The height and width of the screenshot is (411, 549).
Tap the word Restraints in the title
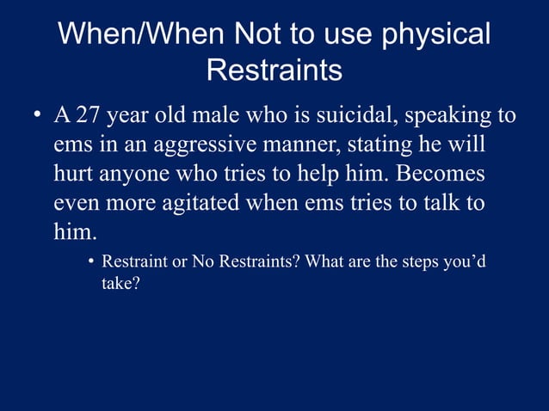(274, 71)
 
